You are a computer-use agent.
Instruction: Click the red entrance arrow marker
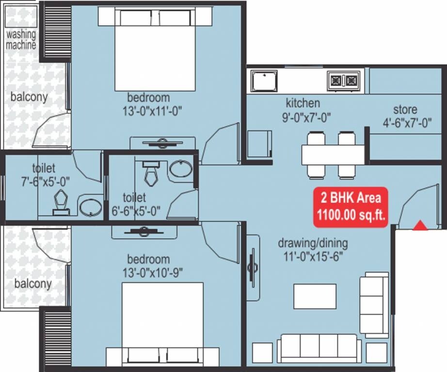point(420,225)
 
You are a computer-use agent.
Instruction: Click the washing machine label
point(21,40)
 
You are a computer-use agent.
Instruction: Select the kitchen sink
point(264,81)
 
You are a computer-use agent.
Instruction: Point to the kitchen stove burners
point(344,80)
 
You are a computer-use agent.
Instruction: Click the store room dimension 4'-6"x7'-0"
point(405,123)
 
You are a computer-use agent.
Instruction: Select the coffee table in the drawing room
point(315,296)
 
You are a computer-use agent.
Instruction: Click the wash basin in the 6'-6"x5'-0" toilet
point(180,169)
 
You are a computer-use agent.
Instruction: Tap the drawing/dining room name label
point(313,244)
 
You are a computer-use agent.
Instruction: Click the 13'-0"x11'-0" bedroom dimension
point(152,110)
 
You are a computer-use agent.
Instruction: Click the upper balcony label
point(29,97)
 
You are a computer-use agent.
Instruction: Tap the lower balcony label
point(32,283)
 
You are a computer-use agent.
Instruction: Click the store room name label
point(405,109)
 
